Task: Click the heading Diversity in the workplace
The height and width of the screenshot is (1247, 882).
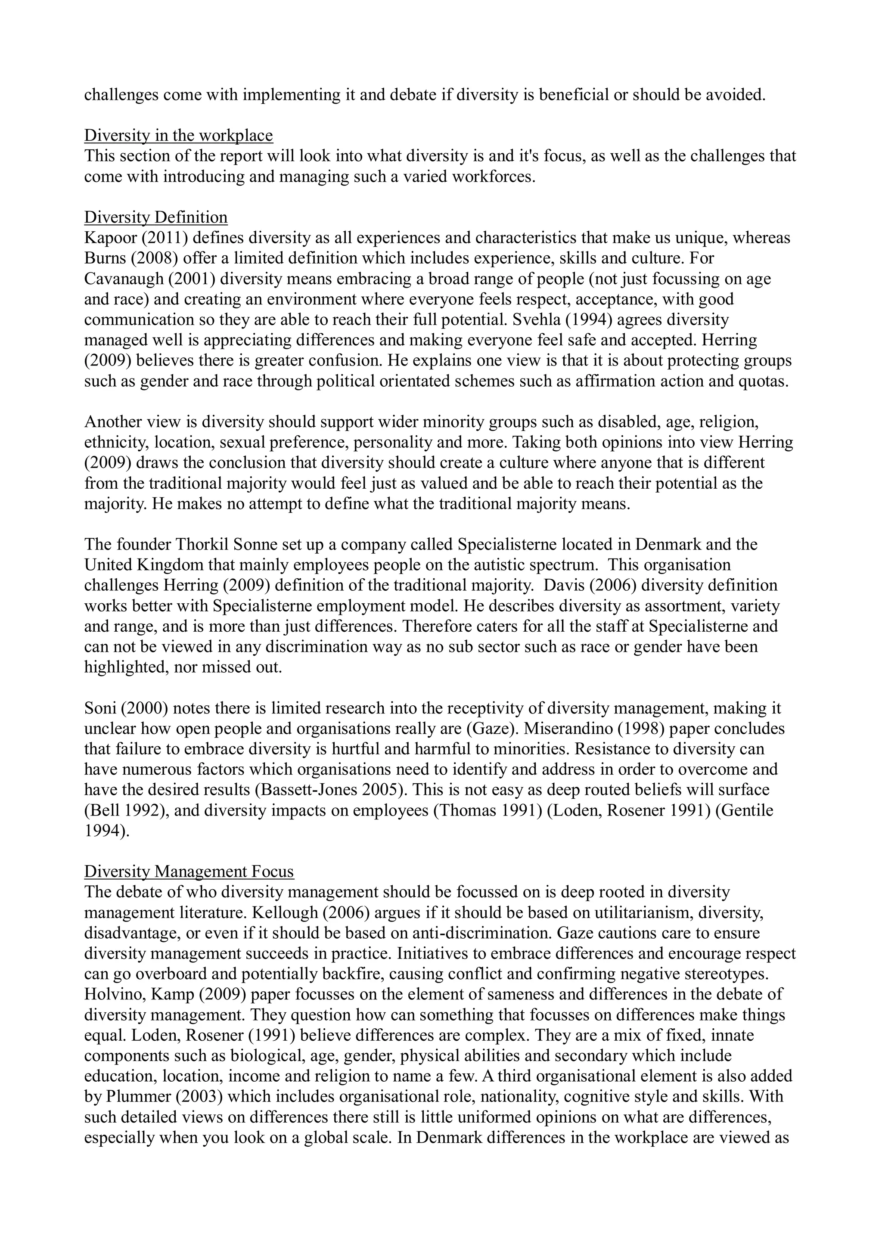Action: (178, 135)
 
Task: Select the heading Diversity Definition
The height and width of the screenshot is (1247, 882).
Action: (155, 217)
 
